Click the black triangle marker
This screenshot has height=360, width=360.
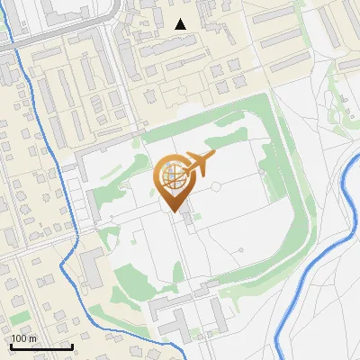click(x=181, y=24)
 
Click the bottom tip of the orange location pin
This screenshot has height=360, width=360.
click(x=173, y=212)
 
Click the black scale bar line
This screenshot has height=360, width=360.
click(x=41, y=346)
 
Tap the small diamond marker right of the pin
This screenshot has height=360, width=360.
click(x=217, y=188)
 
